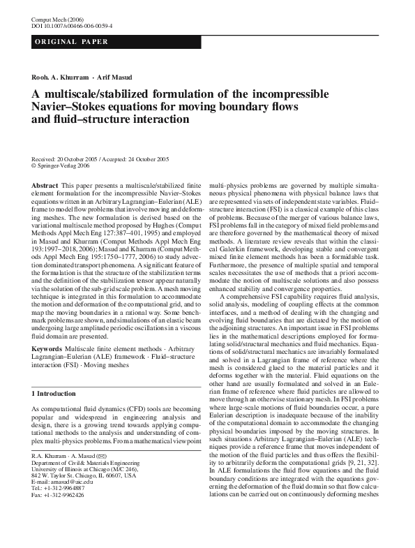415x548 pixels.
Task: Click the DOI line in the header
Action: [x=72, y=25]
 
